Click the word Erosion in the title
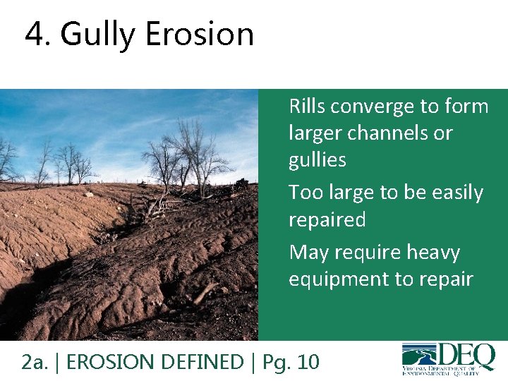pyautogui.click(x=199, y=34)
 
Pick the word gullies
pyautogui.click(x=317, y=160)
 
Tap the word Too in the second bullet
pyautogui.click(x=304, y=192)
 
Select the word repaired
pyautogui.click(x=327, y=220)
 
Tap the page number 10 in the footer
pyautogui.click(x=308, y=362)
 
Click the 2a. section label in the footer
pyautogui.click(x=33, y=362)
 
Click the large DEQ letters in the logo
pyautogui.click(x=466, y=353)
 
